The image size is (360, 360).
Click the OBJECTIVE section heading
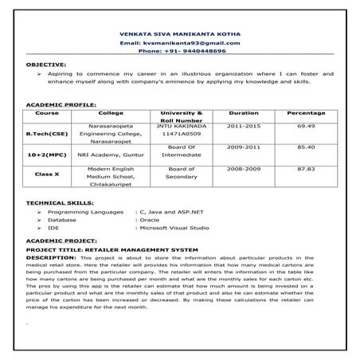tap(46, 62)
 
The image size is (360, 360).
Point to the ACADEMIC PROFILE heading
tap(61, 104)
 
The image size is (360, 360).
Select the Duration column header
tap(243, 113)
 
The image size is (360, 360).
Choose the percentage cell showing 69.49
tap(306, 126)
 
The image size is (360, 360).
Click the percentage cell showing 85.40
tap(306, 147)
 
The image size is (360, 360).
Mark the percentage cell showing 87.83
tap(306, 170)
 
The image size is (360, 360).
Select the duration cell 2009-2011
tap(243, 147)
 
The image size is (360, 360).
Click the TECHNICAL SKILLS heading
tap(58, 204)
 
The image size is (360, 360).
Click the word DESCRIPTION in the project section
tap(51, 258)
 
